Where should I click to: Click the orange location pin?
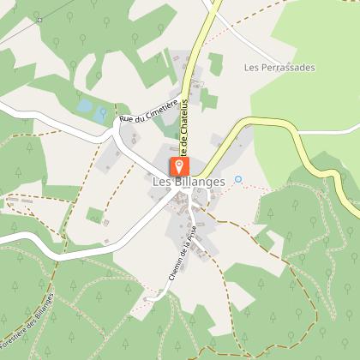tap(177, 165)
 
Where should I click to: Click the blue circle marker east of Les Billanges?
tap(238, 179)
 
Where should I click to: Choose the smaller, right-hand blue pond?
tap(103, 111)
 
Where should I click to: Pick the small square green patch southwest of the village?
tap(94, 214)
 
